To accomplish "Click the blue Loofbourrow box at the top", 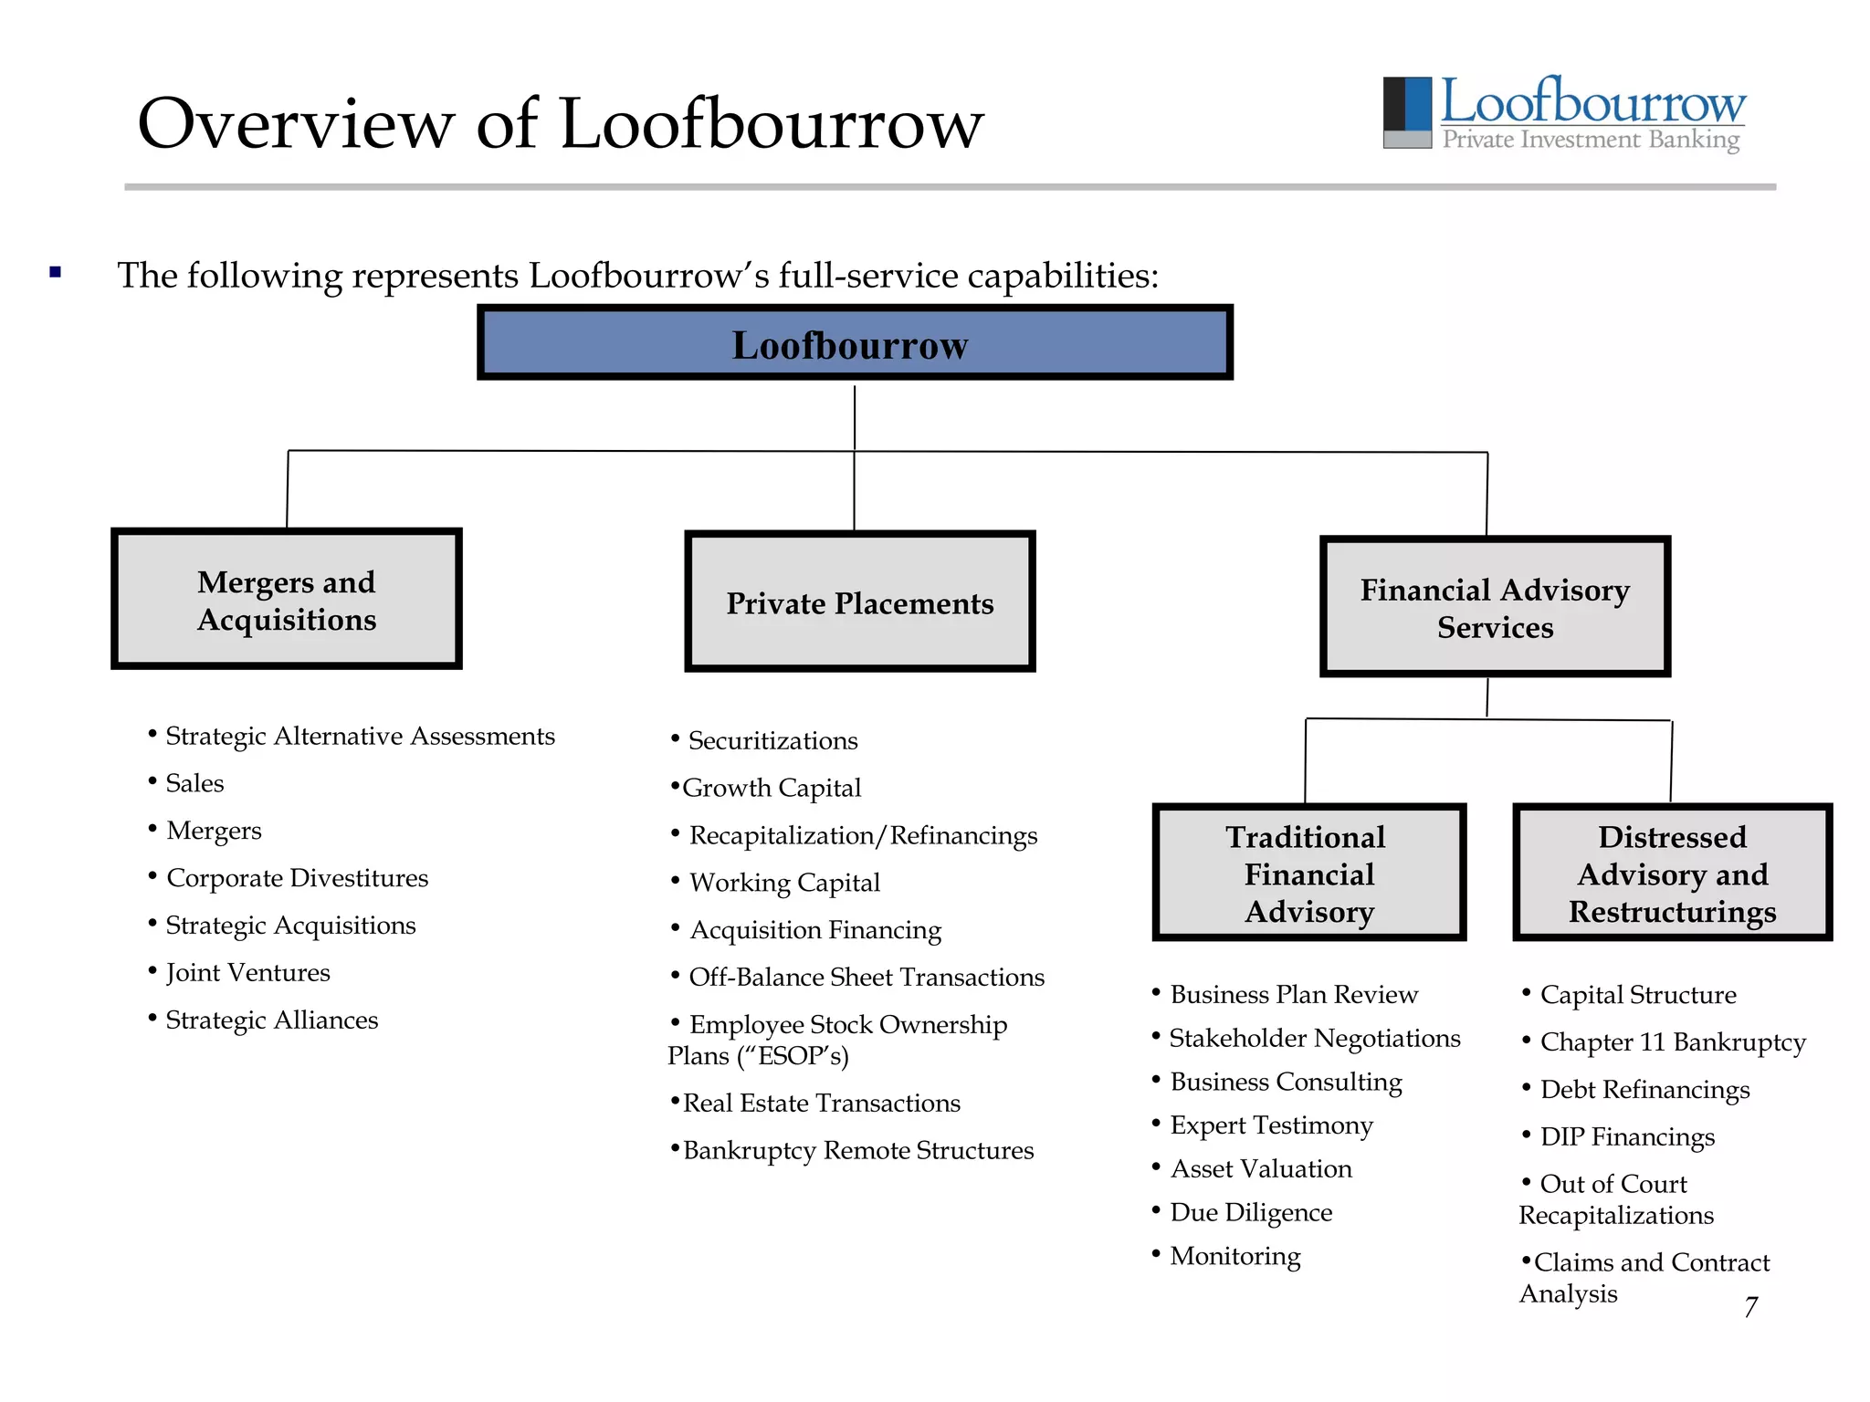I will pos(855,343).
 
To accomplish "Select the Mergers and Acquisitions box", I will pos(287,600).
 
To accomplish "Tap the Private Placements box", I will pos(859,602).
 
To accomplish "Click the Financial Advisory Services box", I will pos(1495,607).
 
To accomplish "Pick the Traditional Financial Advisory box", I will pos(1308,874).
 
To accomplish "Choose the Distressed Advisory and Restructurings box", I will pos(1672,874).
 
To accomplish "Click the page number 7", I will pos(1750,1307).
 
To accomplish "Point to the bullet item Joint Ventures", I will pos(247,973).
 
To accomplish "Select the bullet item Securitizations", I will pos(772,741).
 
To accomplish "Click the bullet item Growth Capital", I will pos(772,789).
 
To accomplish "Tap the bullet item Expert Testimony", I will pos(1271,1125).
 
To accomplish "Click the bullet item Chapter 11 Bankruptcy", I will pos(1672,1042).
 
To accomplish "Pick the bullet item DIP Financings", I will pos(1627,1137).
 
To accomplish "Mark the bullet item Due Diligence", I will pos(1251,1213).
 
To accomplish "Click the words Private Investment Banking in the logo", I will pos(1591,140).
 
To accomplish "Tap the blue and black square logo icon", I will pos(1407,112).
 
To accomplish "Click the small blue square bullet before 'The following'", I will pos(56,272).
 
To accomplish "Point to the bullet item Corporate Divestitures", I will pos(297,878).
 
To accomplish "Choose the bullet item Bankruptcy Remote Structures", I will pos(857,1151).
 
